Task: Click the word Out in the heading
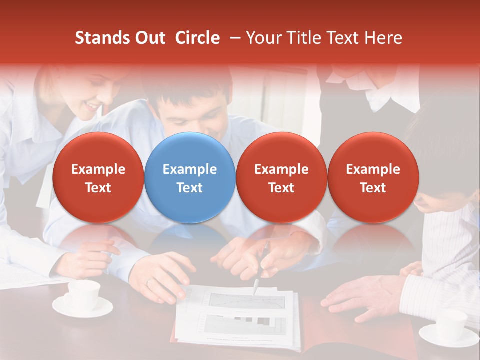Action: tap(149, 38)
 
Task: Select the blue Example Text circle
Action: tap(190, 178)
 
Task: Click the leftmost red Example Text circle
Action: tap(98, 178)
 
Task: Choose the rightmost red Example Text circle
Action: tap(373, 178)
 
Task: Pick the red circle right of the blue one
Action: tap(281, 178)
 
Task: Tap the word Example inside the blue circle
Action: tap(190, 169)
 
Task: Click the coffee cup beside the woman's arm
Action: tap(83, 296)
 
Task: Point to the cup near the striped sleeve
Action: tap(451, 325)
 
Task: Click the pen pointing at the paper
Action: tap(256, 286)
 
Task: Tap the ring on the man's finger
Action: tap(148, 283)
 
